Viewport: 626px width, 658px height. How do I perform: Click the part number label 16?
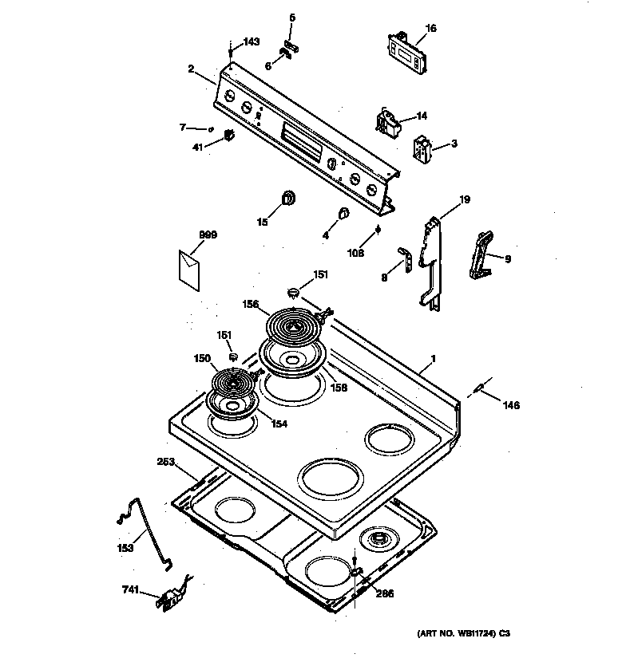(430, 28)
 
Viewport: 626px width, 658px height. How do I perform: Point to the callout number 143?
(252, 42)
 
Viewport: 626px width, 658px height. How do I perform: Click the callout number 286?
(386, 593)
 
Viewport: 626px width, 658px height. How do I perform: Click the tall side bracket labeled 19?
(431, 259)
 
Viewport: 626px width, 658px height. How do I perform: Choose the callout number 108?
(355, 253)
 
